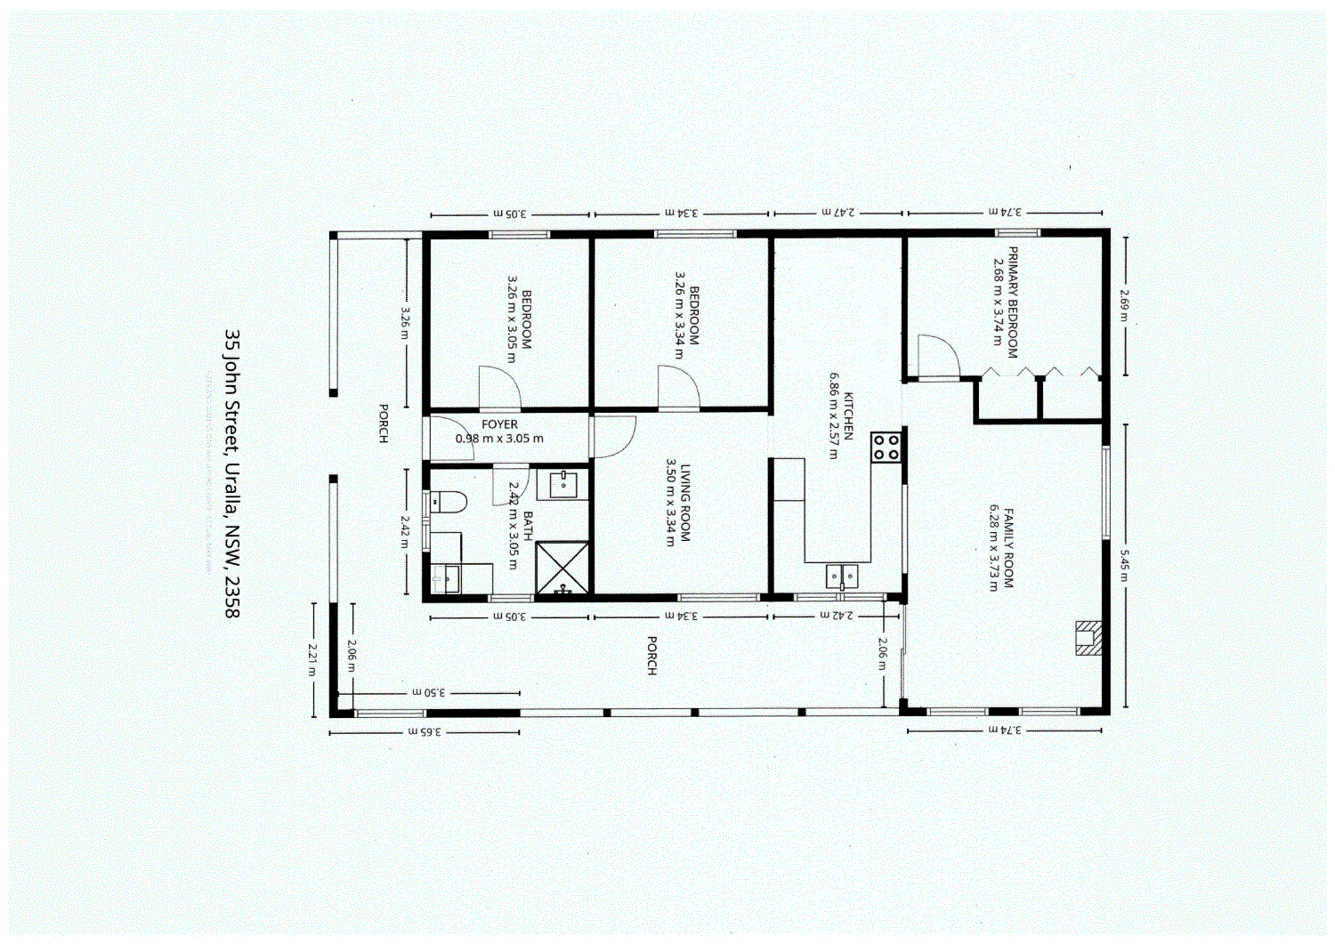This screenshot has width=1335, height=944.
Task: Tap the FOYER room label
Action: tap(499, 425)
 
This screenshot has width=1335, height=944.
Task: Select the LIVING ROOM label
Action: tap(685, 502)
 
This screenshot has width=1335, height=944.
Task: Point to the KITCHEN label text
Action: tap(848, 416)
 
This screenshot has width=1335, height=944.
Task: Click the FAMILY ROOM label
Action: tap(1008, 547)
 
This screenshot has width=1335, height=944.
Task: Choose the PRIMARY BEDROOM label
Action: tap(1013, 303)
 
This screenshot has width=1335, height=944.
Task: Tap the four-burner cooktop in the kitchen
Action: tap(886, 447)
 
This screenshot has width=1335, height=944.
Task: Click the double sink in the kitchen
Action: tap(841, 577)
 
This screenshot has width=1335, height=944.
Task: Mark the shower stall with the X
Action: tap(562, 567)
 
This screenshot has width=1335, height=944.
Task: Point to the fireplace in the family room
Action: tap(1088, 638)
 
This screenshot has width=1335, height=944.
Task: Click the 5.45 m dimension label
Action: tap(1125, 565)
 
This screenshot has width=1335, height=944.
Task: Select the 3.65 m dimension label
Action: tap(425, 731)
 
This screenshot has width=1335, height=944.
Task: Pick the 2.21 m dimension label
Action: tap(312, 659)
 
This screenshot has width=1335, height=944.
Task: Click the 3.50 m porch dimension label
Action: tap(428, 691)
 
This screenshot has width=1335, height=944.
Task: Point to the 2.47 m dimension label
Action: tap(838, 213)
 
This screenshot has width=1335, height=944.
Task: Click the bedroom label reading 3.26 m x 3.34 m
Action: tap(686, 315)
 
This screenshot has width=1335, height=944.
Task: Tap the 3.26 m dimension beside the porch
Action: tap(406, 322)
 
